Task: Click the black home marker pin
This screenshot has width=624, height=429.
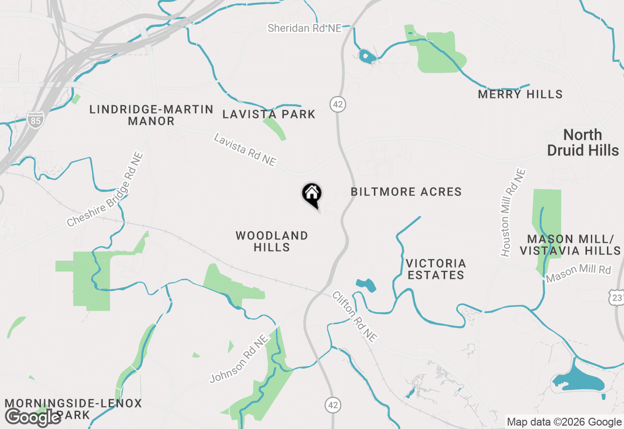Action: pyautogui.click(x=312, y=195)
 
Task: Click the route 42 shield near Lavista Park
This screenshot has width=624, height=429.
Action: pyautogui.click(x=337, y=104)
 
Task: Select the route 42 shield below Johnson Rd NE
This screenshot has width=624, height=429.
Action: pyautogui.click(x=332, y=404)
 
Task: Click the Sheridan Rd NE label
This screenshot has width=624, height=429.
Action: pyautogui.click(x=305, y=28)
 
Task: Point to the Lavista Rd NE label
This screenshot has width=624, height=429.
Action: pyautogui.click(x=245, y=150)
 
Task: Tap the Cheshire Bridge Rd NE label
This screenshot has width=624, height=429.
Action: pyautogui.click(x=106, y=190)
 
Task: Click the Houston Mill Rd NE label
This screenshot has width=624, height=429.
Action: pyautogui.click(x=513, y=213)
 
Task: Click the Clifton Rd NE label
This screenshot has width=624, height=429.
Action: pyautogui.click(x=354, y=316)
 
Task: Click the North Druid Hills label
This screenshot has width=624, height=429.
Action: pyautogui.click(x=583, y=142)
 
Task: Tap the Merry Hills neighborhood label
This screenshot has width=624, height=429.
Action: pyautogui.click(x=520, y=94)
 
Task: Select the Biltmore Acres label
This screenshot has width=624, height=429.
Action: pyautogui.click(x=406, y=192)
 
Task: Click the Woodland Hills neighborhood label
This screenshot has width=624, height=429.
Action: pyautogui.click(x=272, y=241)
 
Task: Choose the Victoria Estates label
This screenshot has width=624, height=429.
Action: pyautogui.click(x=436, y=269)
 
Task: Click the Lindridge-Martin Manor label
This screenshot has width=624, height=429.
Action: pyautogui.click(x=151, y=115)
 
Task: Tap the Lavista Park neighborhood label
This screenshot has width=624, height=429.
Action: pyautogui.click(x=269, y=114)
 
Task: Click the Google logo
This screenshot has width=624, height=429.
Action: pyautogui.click(x=33, y=417)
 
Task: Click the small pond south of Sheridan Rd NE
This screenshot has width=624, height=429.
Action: pyautogui.click(x=366, y=57)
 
